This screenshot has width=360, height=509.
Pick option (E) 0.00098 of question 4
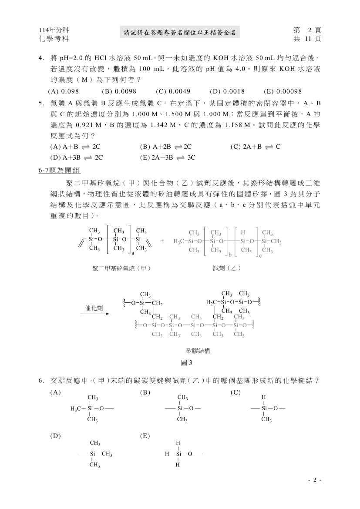(283, 91)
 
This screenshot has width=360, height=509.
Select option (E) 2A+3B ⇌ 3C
(168, 157)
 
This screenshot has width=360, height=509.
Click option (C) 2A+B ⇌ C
(255, 147)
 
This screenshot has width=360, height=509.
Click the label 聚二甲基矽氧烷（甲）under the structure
(121, 268)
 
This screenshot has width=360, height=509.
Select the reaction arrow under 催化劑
(96, 314)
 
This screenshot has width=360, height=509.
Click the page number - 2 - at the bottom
(314, 480)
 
